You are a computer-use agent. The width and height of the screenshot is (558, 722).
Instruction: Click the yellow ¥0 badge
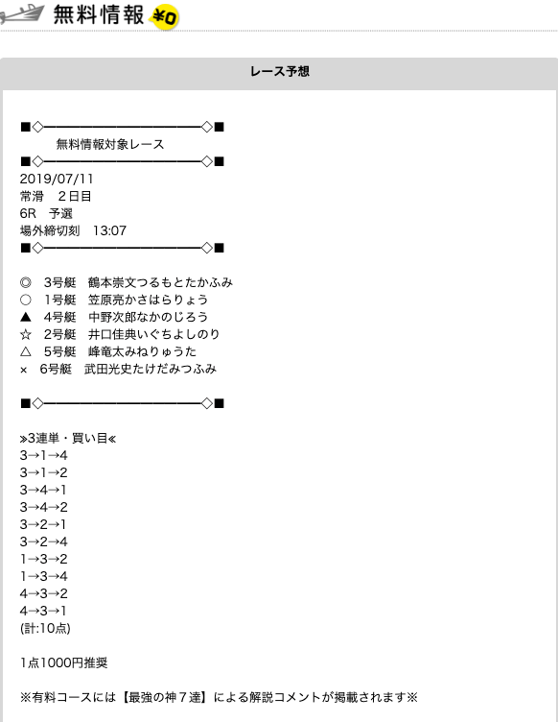[165, 17]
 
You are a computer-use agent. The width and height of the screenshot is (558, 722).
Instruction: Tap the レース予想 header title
[279, 71]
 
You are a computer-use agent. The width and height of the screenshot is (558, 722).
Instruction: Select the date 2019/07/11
[57, 179]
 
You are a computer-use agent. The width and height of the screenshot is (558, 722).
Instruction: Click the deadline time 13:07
[109, 230]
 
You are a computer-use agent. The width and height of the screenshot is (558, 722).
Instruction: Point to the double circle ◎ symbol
[26, 282]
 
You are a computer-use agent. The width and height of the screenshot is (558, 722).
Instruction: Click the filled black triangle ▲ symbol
[26, 317]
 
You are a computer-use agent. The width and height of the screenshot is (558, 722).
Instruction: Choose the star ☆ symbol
[26, 334]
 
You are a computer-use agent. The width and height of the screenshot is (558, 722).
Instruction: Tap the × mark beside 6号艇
[24, 370]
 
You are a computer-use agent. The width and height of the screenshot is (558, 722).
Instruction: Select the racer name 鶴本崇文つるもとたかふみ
[160, 282]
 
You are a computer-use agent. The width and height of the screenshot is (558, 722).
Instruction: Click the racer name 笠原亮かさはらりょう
[148, 300]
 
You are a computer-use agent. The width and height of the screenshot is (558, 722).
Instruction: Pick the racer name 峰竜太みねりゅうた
[142, 351]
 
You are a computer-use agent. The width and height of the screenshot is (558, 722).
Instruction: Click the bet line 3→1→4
[44, 455]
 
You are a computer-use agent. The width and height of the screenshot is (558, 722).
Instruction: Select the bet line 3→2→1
[44, 524]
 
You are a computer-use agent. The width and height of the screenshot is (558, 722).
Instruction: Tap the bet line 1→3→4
[44, 576]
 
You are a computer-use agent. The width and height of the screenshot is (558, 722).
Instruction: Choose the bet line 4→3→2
[44, 593]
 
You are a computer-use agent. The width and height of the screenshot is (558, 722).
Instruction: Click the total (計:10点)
[45, 628]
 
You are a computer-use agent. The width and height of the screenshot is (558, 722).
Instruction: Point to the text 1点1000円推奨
[64, 662]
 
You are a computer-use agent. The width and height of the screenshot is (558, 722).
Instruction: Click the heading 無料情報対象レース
[110, 144]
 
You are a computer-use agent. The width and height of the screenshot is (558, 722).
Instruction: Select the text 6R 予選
[46, 213]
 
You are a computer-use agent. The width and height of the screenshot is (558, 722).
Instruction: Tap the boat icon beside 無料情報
[22, 13]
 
